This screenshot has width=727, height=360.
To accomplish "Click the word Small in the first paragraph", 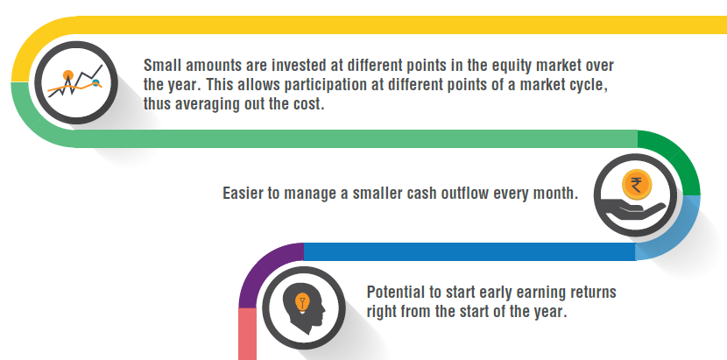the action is [x=160, y=66].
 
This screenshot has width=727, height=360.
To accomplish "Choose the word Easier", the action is [x=242, y=193].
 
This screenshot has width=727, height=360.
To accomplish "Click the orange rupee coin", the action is [x=637, y=185].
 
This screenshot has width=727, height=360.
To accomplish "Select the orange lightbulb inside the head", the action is [x=302, y=302].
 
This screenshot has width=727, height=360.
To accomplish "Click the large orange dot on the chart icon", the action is [x=68, y=75].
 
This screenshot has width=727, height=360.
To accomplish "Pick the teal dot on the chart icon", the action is [x=96, y=83].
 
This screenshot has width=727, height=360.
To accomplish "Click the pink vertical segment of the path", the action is [x=247, y=334].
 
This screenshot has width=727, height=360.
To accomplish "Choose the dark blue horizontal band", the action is [x=469, y=251].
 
